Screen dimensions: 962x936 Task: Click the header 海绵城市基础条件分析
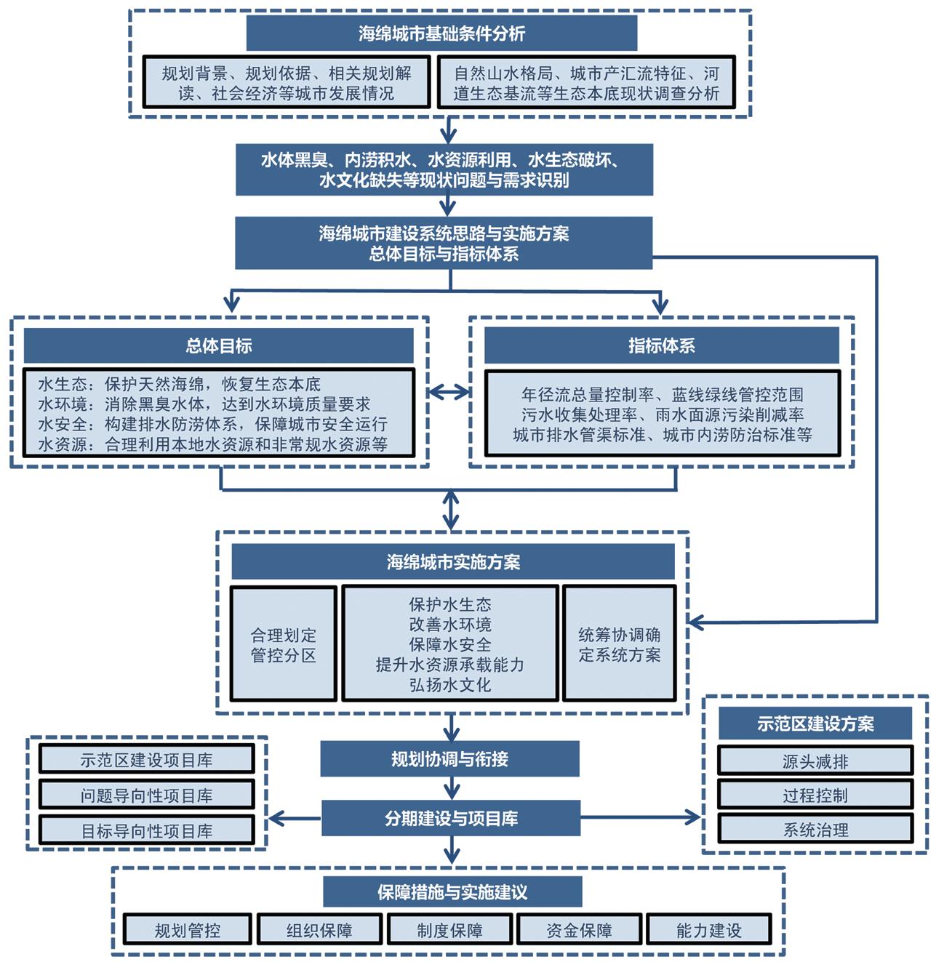[441, 33]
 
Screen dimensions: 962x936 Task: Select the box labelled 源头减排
[815, 761]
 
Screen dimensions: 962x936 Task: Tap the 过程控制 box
[815, 795]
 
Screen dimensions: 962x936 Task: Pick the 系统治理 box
[815, 830]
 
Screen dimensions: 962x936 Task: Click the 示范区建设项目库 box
[146, 760]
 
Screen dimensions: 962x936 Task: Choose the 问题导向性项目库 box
[146, 795]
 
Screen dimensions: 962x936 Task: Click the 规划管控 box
[188, 930]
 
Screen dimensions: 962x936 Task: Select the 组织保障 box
[319, 930]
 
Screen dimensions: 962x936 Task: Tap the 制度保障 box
[449, 930]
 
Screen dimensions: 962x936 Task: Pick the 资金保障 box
[579, 930]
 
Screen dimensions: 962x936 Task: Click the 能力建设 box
[708, 930]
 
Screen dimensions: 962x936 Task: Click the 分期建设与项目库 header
[451, 819]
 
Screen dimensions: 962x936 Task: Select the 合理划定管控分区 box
[284, 645]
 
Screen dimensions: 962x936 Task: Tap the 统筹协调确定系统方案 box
[620, 645]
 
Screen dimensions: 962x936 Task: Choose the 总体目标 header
[219, 346]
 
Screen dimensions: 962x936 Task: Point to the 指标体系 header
[661, 346]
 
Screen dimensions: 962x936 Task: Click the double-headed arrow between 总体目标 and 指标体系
[449, 393]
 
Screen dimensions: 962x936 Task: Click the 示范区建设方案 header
[815, 724]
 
